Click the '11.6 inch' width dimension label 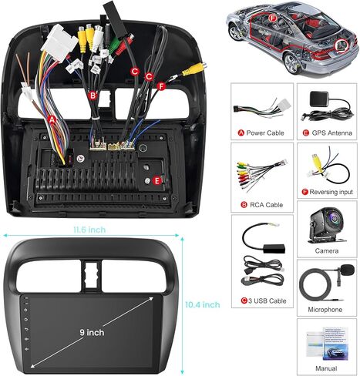coord(89,230)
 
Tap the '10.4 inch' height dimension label coord(203,304)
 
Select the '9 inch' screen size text coord(92,332)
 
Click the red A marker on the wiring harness coord(52,119)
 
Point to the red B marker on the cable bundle coord(93,96)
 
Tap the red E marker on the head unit coord(156,181)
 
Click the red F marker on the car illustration coord(272,18)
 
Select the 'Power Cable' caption coord(265,133)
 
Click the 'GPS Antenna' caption coord(331,133)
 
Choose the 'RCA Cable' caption coord(266,205)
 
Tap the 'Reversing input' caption coord(331,192)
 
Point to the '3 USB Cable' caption coord(267,300)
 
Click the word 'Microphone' coord(325,310)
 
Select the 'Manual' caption coord(326,368)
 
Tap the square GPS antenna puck coord(319,99)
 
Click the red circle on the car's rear coord(342,45)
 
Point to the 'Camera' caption coord(327,250)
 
